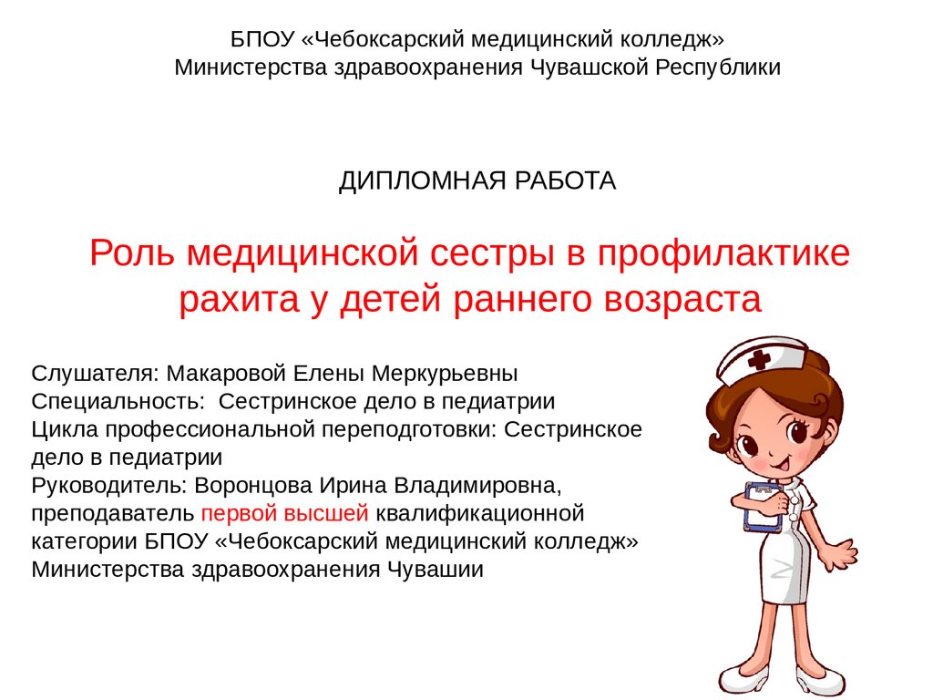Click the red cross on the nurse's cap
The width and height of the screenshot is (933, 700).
759,359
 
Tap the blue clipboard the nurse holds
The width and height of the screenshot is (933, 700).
764,507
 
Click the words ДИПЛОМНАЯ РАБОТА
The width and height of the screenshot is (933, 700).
477,181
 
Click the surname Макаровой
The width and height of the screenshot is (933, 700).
227,374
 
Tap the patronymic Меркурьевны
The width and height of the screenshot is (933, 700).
445,374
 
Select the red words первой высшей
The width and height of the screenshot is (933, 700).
285,514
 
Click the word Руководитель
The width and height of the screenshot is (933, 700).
109,486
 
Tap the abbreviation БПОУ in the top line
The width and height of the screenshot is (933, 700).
262,40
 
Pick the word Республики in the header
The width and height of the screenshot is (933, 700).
718,67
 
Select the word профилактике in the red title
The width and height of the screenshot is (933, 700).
723,253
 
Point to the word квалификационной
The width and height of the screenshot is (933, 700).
479,514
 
